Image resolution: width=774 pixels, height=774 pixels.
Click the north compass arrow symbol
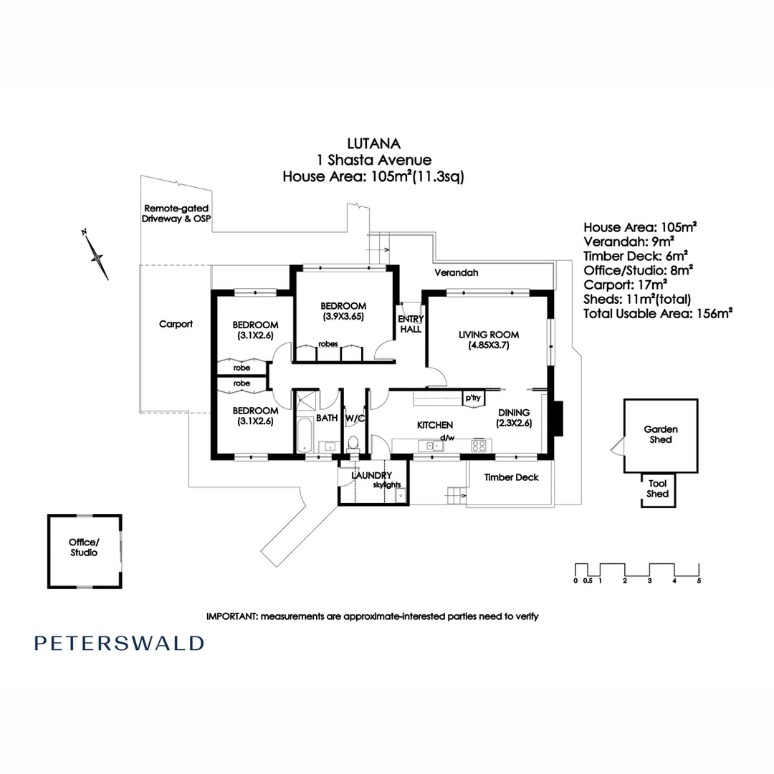pos(96,254)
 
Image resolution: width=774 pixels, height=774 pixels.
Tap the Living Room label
pos(489,335)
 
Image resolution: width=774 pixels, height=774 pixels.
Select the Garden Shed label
pos(661,434)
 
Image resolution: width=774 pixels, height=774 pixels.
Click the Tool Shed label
pos(657,489)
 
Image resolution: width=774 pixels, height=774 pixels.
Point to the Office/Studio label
pos(84,548)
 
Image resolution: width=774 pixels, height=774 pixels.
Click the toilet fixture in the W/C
pos(353,442)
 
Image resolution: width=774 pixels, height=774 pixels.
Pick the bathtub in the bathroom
pos(305,435)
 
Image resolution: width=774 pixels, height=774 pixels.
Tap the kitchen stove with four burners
pos(478,445)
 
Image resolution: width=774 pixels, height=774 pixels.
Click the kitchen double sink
pos(431,446)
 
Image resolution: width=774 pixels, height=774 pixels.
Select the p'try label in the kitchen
pos(473,398)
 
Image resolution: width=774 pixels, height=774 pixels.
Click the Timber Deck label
pos(512,477)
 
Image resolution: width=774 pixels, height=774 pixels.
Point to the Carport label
pos(176,325)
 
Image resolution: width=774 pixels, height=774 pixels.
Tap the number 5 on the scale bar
pos(699,581)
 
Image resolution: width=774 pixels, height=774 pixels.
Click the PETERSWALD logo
pos(119,643)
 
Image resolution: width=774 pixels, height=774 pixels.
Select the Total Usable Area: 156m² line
pos(657,313)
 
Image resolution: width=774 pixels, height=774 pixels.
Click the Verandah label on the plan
pos(456,272)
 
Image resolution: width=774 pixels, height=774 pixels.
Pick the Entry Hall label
pos(411,325)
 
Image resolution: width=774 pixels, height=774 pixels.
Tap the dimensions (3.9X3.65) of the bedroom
pos(343,317)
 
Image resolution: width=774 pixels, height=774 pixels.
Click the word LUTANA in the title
pos(373,143)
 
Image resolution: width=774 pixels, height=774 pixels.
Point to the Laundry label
pos(372,475)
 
